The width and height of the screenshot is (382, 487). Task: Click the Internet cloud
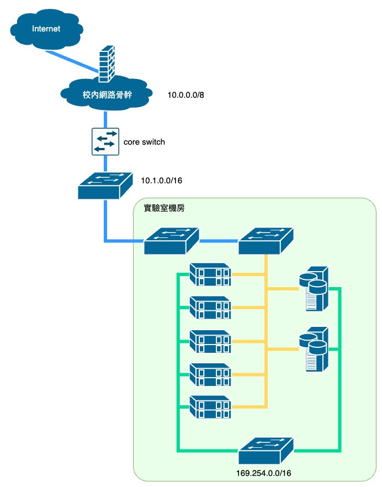[x=46, y=29]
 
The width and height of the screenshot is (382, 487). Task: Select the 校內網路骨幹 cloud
[x=104, y=94]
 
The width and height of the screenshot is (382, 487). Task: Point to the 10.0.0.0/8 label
[x=186, y=95]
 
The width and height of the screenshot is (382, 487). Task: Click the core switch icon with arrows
[x=105, y=142]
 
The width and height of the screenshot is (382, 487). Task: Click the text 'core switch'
[x=144, y=142]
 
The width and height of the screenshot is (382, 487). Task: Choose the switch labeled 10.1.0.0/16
[x=105, y=186]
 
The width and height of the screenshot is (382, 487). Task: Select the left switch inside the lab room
[x=171, y=241]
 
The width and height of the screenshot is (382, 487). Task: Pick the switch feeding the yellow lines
[x=266, y=241]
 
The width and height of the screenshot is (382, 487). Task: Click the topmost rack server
[x=209, y=275]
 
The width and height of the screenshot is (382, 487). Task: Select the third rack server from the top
[x=209, y=342]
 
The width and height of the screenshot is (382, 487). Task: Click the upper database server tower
[x=315, y=288]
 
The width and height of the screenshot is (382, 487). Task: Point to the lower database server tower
[x=315, y=350]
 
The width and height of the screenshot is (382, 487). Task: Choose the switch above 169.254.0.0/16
[x=266, y=451]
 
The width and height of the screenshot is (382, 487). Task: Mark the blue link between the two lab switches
[x=219, y=241]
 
